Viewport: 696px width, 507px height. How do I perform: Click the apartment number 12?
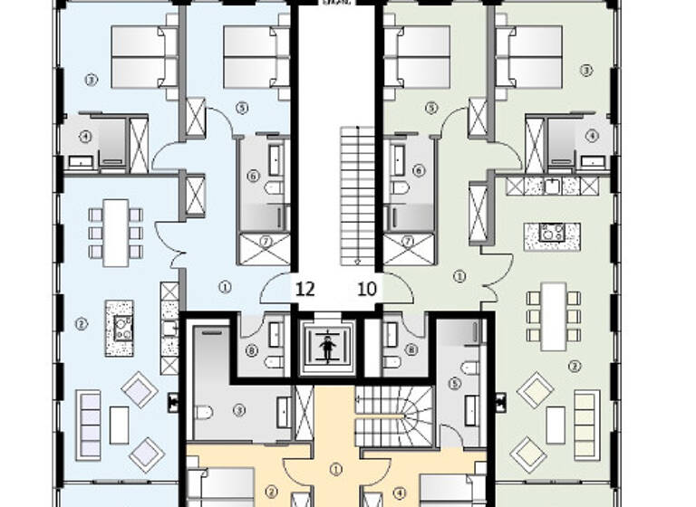(305, 290)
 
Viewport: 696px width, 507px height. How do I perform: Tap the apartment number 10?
(368, 290)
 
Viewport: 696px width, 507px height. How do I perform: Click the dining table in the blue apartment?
(116, 233)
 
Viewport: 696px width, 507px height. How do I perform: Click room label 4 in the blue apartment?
(85, 138)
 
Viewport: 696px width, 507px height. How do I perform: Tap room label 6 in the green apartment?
(418, 169)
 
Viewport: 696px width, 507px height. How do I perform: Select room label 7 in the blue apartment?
(266, 241)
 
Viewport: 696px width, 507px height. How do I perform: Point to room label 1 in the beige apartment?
(336, 469)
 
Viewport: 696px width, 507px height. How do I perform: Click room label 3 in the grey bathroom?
(239, 409)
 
